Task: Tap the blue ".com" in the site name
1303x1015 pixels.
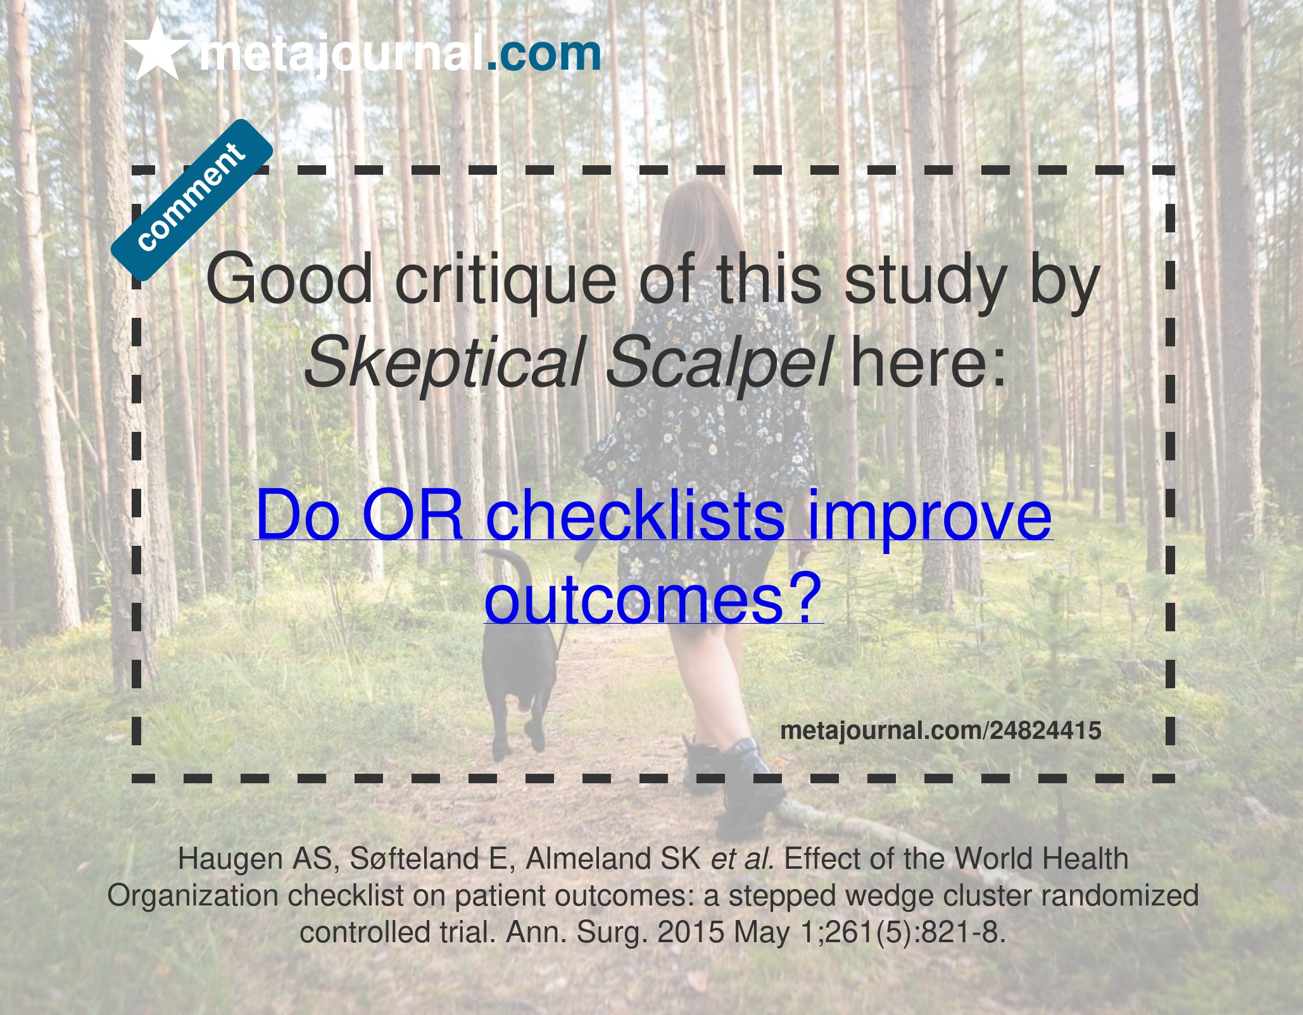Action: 544,53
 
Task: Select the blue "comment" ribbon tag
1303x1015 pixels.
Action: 192,199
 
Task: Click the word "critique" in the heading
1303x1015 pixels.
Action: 506,279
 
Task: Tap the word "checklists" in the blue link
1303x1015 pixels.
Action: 635,514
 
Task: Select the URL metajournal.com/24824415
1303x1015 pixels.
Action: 941,731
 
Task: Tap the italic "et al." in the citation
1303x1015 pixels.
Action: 743,859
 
